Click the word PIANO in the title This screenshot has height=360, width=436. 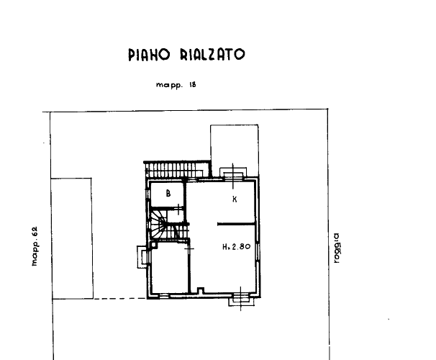point(149,55)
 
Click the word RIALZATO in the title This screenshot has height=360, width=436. point(213,55)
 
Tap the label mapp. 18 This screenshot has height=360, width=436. point(176,85)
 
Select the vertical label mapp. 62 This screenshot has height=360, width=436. point(35,246)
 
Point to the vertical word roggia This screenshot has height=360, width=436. point(337,248)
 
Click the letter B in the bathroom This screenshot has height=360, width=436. point(168,193)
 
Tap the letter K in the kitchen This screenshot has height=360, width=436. point(235,199)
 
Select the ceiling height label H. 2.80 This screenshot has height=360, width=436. point(237,246)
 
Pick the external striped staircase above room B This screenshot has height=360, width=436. point(177,169)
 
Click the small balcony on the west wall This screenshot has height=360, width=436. point(142,257)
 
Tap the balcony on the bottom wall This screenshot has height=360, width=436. point(241,300)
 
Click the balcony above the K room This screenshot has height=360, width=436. point(233,174)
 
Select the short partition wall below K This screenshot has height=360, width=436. point(236,224)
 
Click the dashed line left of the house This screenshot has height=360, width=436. point(120,299)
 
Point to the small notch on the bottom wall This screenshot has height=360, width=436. point(201,290)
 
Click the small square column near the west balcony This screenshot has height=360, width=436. point(153,245)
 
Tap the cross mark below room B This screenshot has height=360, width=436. point(178,209)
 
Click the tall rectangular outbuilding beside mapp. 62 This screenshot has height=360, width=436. point(72,238)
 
